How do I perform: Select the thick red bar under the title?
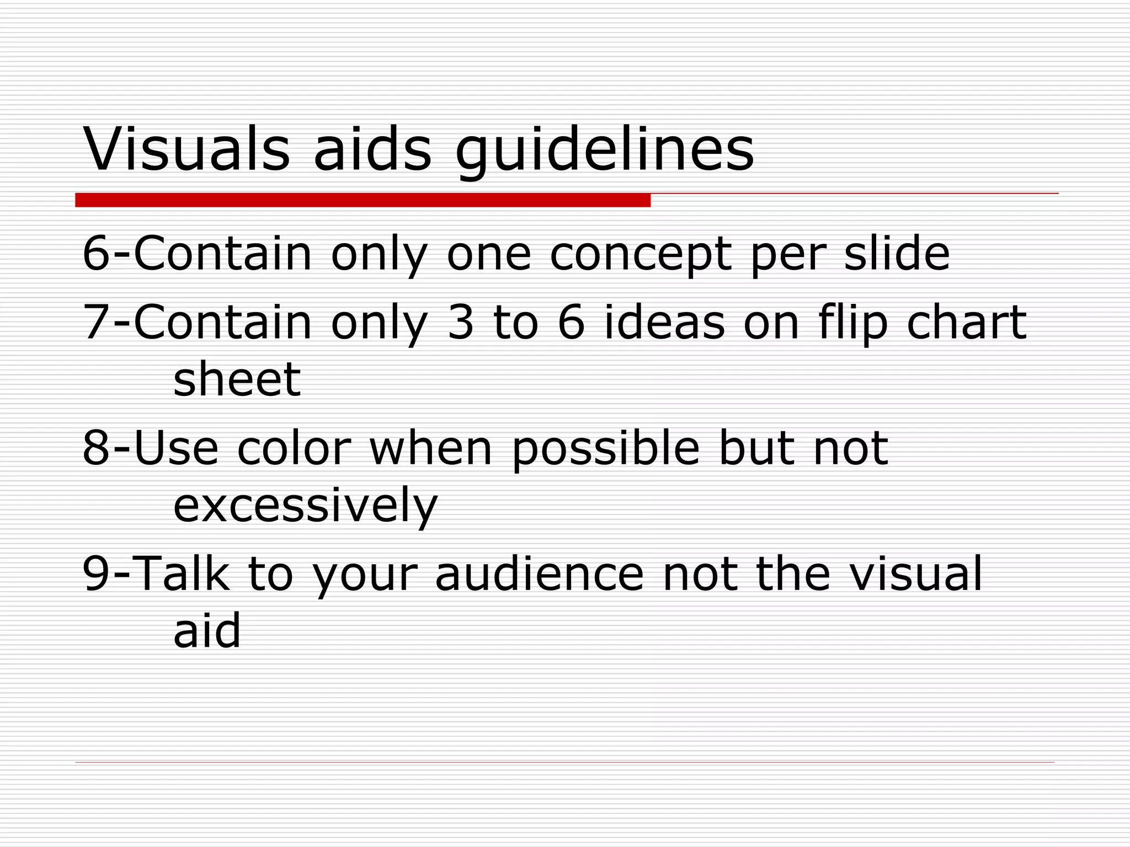[x=363, y=200]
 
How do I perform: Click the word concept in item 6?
[x=641, y=255]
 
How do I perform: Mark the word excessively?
[x=305, y=506]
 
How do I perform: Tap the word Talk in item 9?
[x=182, y=573]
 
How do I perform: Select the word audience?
[x=539, y=573]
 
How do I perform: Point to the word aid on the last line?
[x=207, y=630]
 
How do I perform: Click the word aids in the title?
[x=372, y=149]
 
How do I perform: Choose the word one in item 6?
[x=488, y=255]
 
